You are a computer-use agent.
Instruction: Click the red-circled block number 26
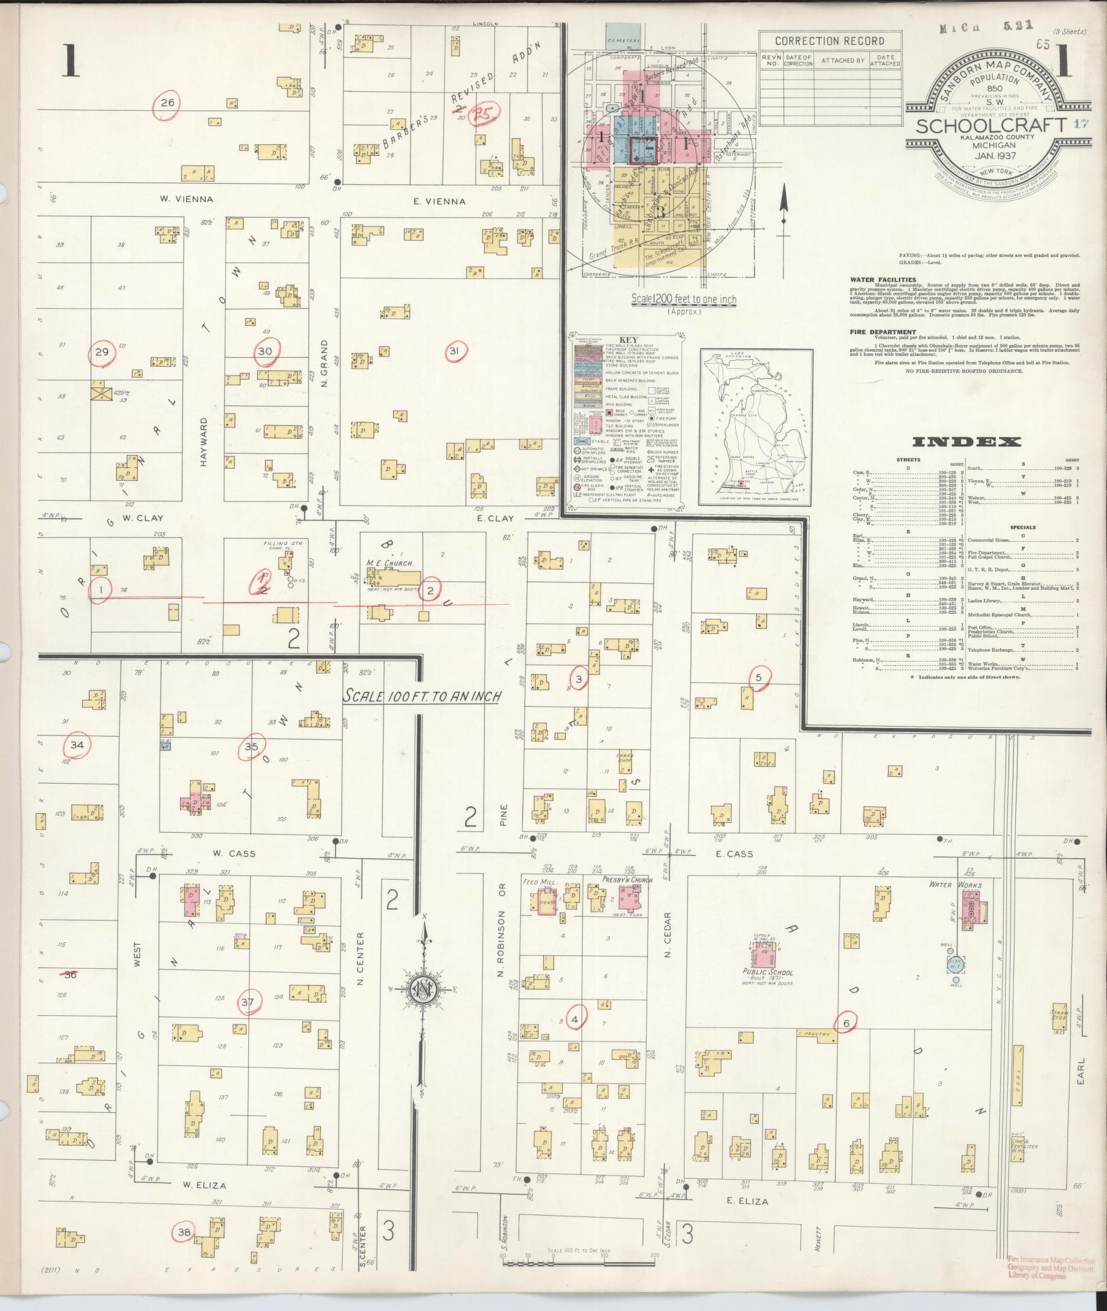click(x=167, y=103)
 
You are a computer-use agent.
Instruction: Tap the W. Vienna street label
click(x=186, y=199)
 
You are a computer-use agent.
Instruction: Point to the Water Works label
click(x=955, y=885)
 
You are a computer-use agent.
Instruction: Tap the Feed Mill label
click(x=539, y=882)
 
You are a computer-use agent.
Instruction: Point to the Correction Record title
click(x=830, y=41)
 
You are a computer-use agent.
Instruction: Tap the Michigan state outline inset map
click(x=755, y=427)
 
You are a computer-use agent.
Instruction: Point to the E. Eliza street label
click(x=747, y=1201)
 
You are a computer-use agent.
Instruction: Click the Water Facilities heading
click(x=883, y=280)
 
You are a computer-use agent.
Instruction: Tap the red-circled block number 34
click(x=77, y=745)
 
